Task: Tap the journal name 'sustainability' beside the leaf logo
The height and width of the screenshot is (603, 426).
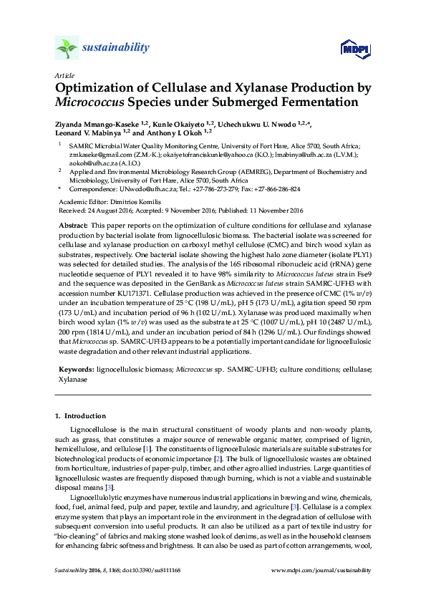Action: click(x=116, y=48)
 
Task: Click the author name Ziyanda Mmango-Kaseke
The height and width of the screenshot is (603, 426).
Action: click(x=97, y=123)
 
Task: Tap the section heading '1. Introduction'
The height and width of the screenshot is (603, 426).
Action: click(x=80, y=416)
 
